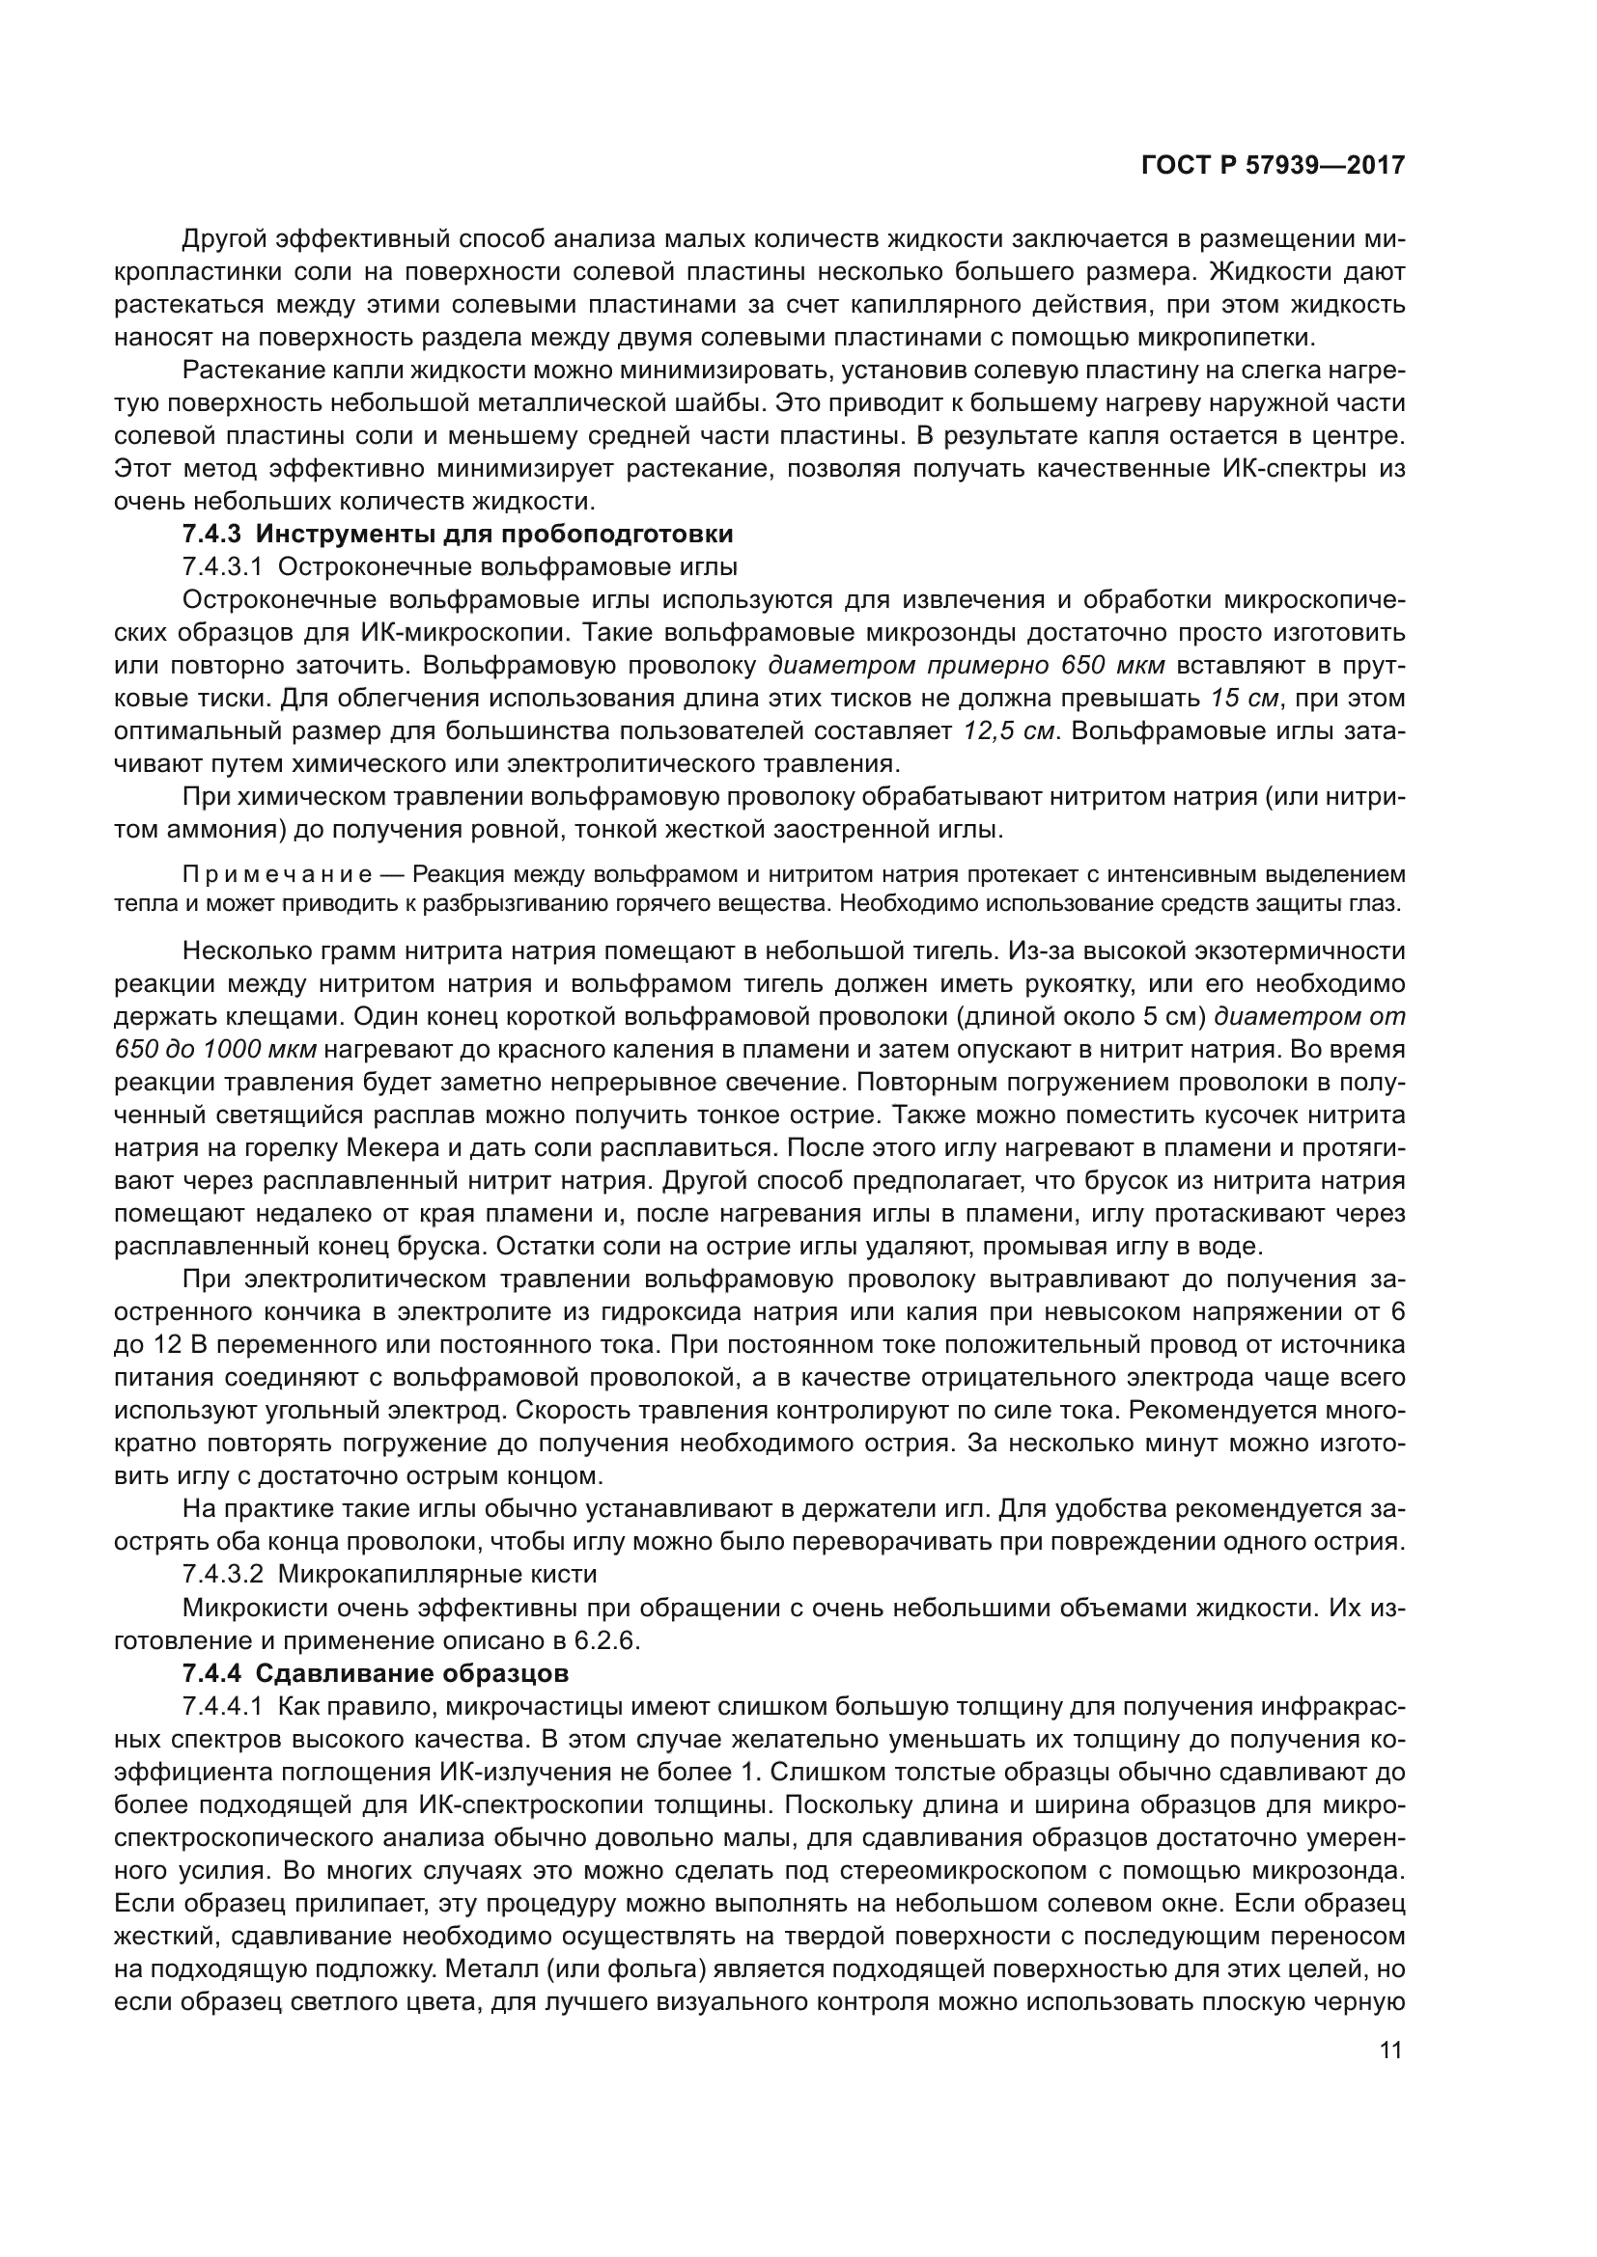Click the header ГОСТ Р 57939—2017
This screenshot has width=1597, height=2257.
1273,165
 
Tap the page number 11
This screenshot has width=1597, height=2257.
1390,2050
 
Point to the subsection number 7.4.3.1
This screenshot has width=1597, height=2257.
222,567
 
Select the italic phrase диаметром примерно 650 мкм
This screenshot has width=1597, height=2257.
966,666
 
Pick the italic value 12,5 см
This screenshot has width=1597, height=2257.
1008,731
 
